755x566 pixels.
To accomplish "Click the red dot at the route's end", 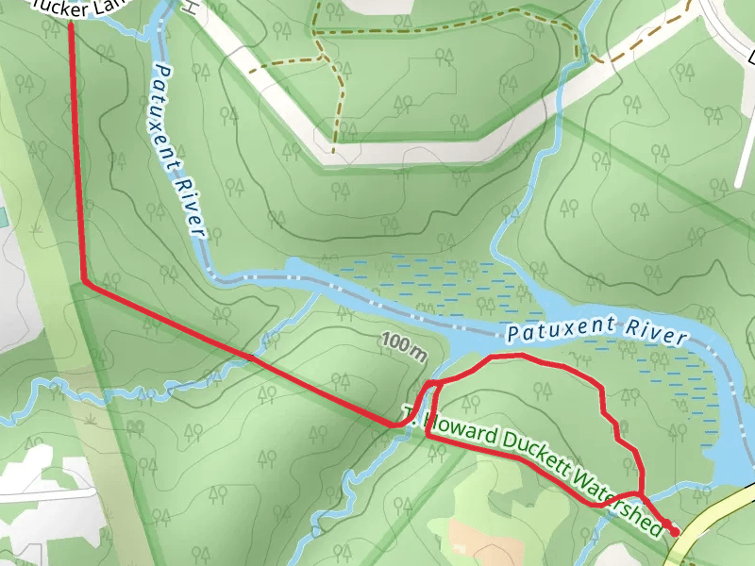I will point(674,532).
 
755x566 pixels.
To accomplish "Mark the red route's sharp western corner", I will point(85,281).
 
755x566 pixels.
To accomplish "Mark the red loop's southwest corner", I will point(428,437).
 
